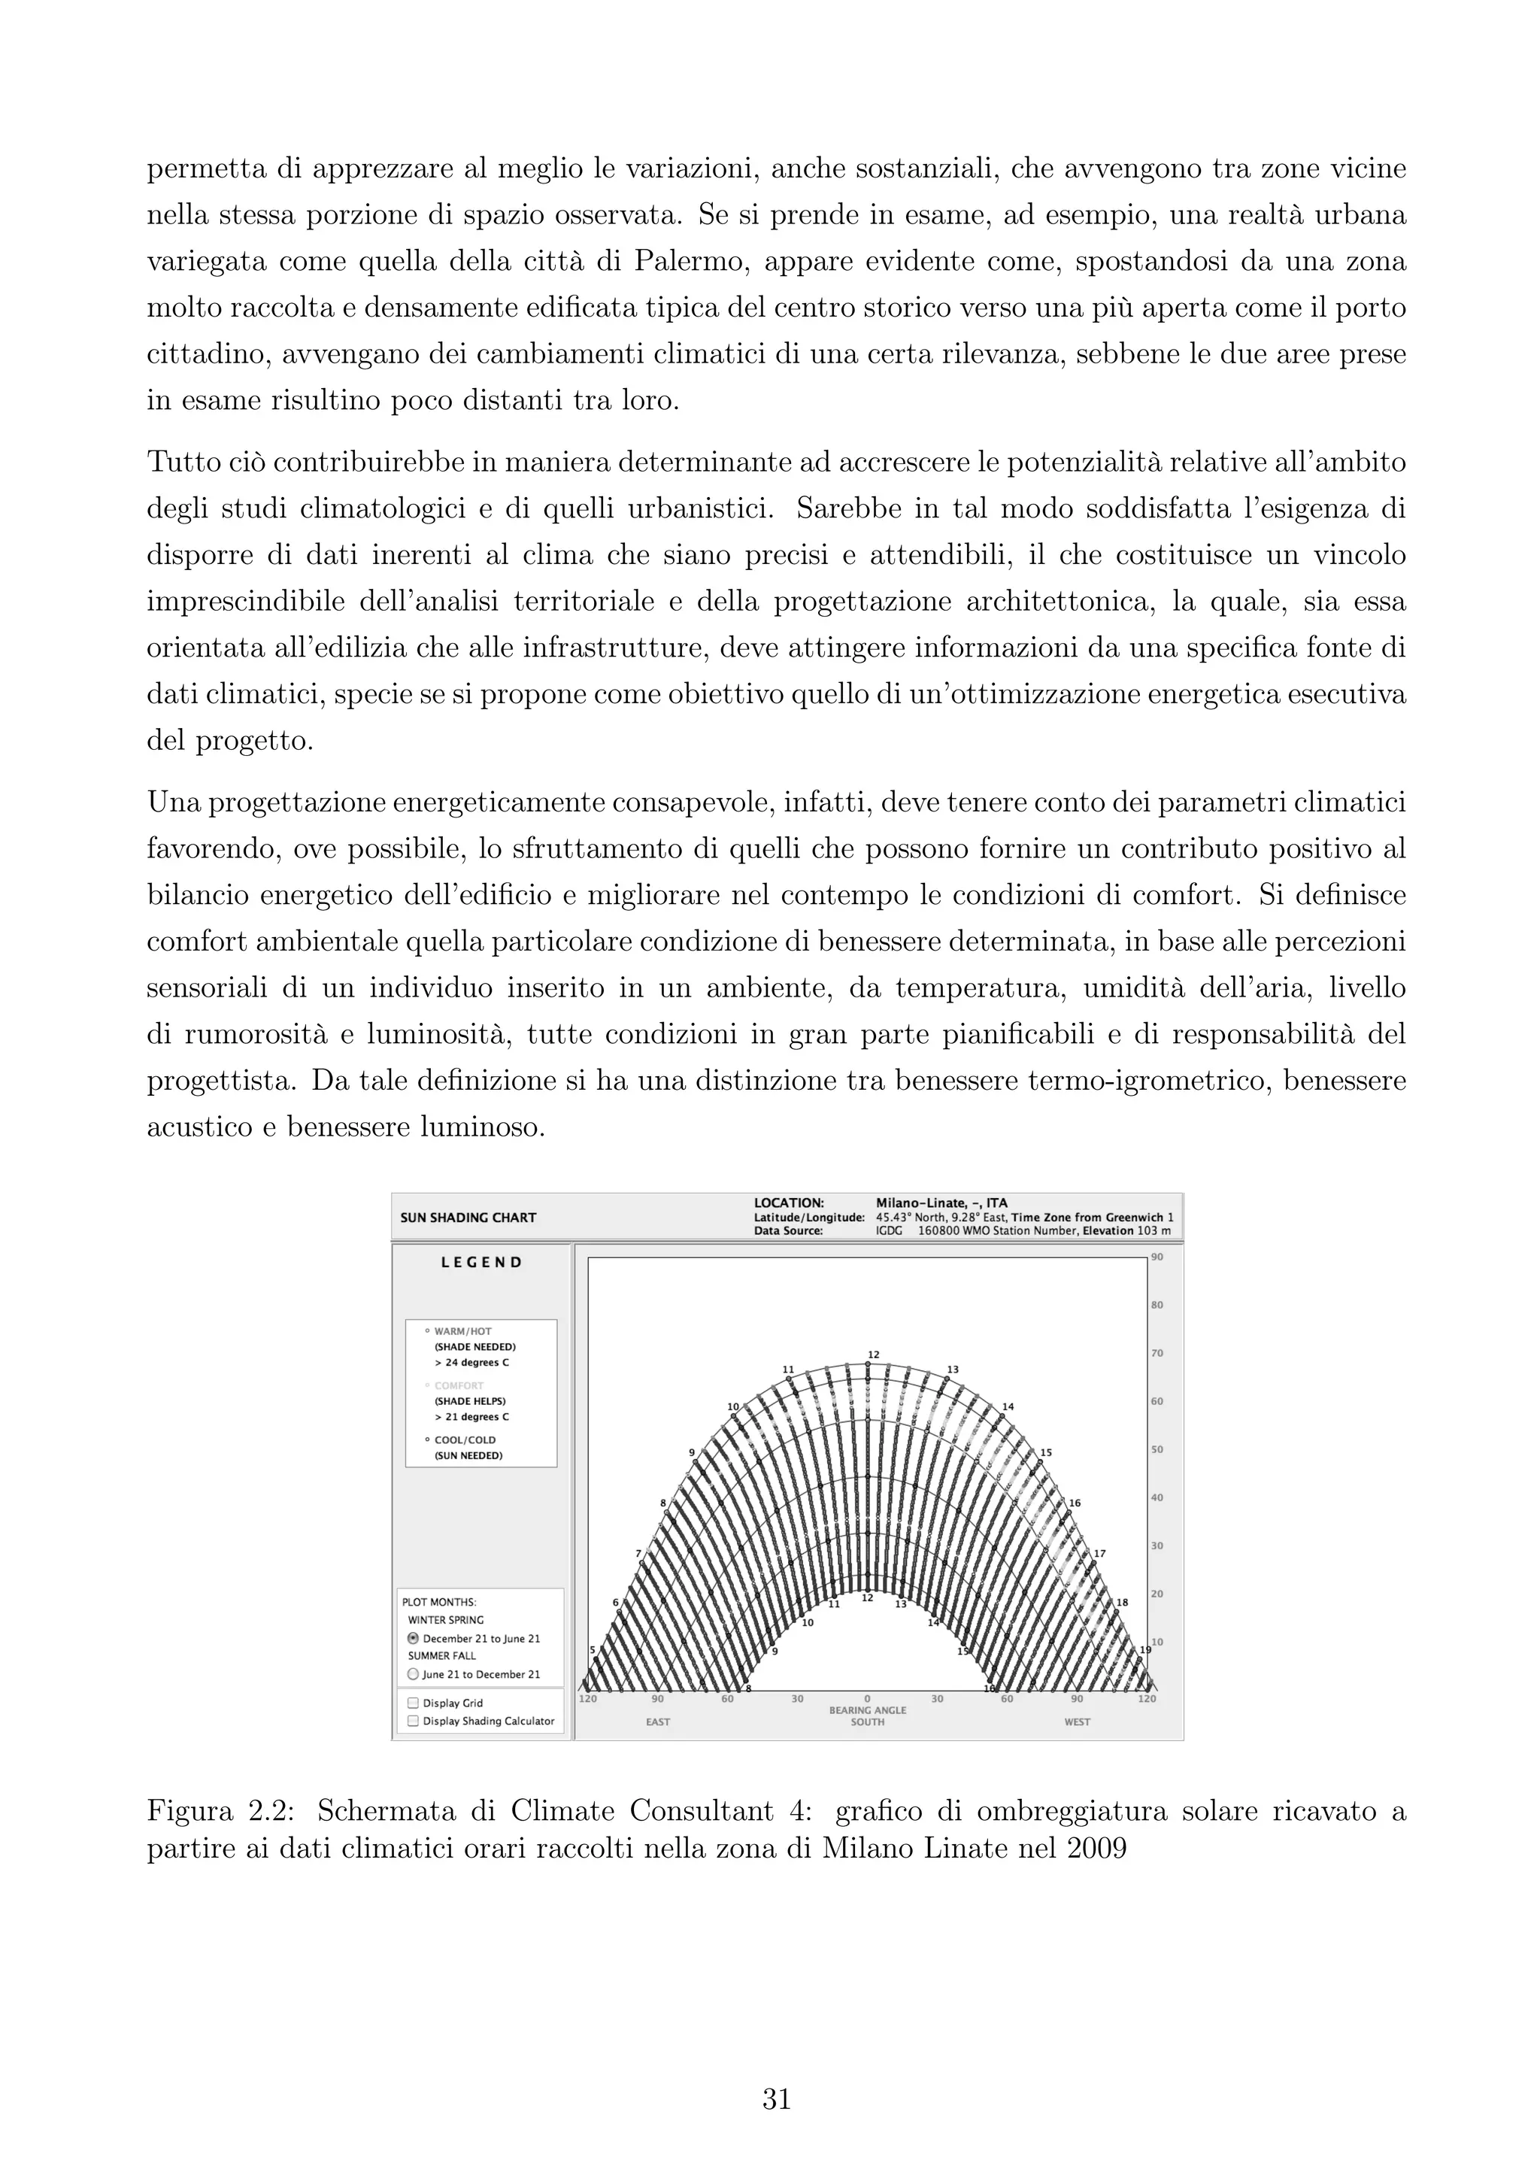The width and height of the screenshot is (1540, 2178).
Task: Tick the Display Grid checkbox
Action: coord(413,1703)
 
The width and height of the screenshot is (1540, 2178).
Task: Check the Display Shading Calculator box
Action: coord(413,1721)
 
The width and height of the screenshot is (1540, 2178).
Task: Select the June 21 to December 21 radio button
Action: coord(413,1674)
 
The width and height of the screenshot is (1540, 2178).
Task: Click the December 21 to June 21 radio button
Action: coord(413,1638)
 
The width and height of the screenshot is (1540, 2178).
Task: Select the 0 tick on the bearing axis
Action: coord(867,1699)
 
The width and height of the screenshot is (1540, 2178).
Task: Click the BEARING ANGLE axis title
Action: coord(867,1710)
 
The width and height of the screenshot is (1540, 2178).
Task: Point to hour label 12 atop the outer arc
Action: coord(873,1354)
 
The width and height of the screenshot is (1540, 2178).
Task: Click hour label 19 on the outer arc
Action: coord(1144,1651)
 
